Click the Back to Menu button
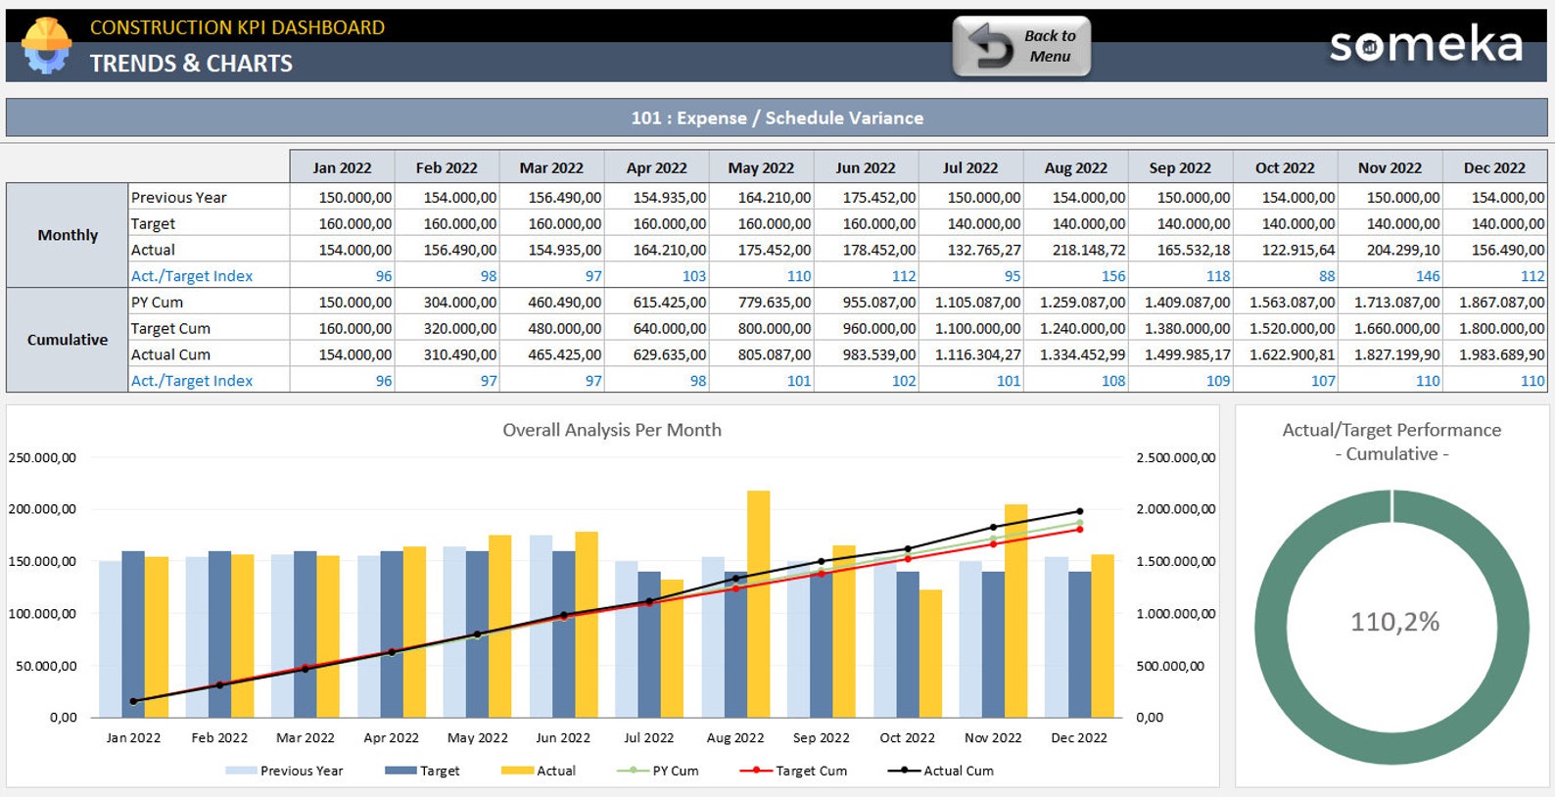[x=1021, y=46]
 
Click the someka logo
[x=1426, y=45]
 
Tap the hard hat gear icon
[x=46, y=45]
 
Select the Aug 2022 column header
[x=1075, y=167]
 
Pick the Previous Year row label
[x=179, y=197]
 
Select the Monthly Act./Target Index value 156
[x=1113, y=276]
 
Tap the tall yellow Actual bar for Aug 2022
[x=758, y=602]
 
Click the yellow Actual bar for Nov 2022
[x=1015, y=612]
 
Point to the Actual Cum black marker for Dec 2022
[x=1080, y=511]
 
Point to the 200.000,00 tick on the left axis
[x=42, y=509]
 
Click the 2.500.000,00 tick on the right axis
[x=1175, y=457]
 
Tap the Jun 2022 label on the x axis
[x=563, y=737]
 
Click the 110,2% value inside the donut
[x=1394, y=622]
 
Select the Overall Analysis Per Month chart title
[x=611, y=430]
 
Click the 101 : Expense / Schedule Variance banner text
[x=777, y=117]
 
